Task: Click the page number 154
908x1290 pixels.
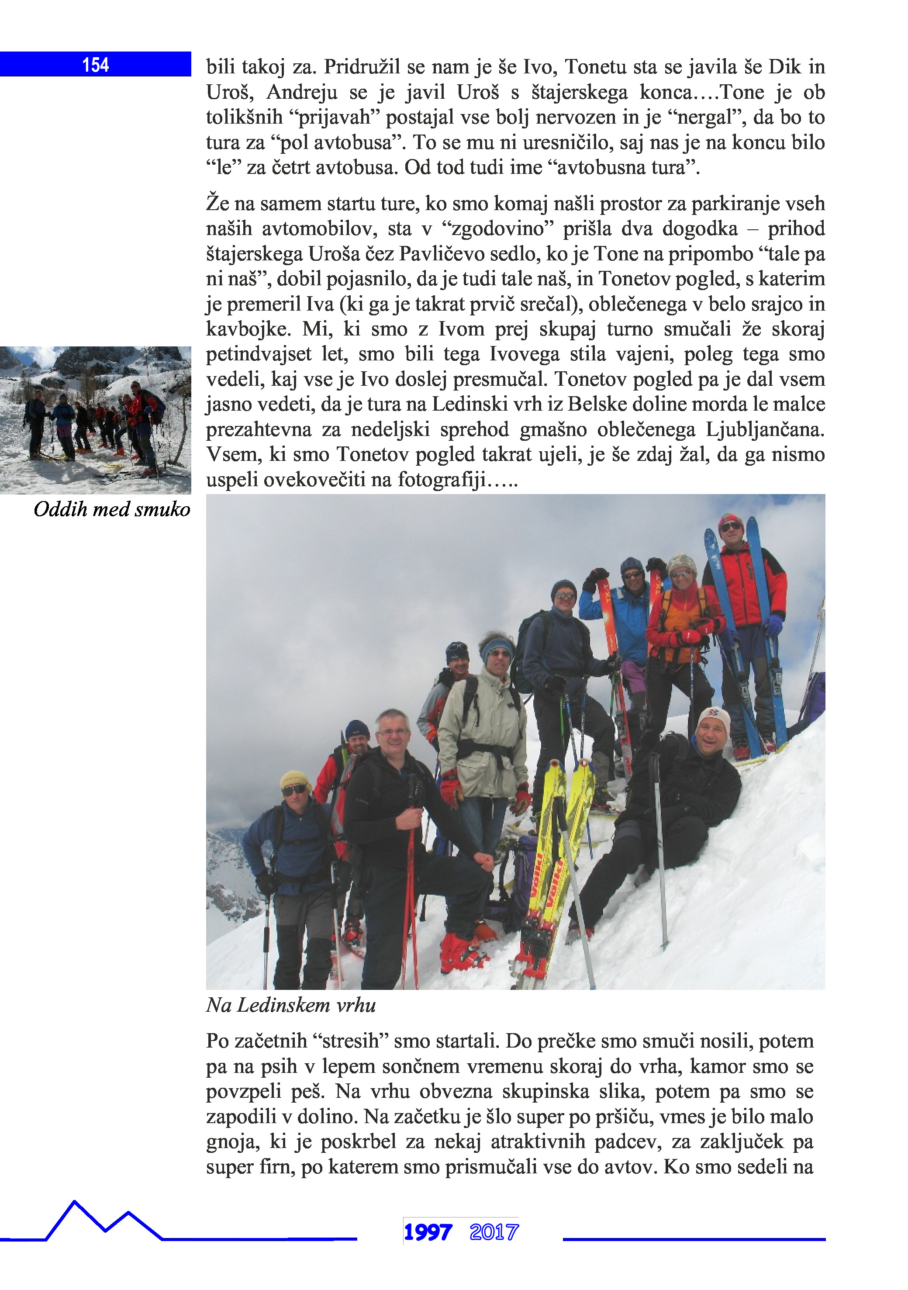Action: point(96,65)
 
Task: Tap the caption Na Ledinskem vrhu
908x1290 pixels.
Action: point(290,1005)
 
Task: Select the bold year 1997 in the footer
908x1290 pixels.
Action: point(428,1232)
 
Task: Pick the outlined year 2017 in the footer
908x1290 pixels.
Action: point(494,1232)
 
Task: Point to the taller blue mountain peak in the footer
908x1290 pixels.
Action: point(74,1204)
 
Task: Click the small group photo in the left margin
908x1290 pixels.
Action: point(96,420)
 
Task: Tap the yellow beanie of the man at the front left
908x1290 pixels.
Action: point(294,779)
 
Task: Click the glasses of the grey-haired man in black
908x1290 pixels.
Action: point(394,732)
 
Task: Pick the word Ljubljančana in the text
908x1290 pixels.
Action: point(765,429)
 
